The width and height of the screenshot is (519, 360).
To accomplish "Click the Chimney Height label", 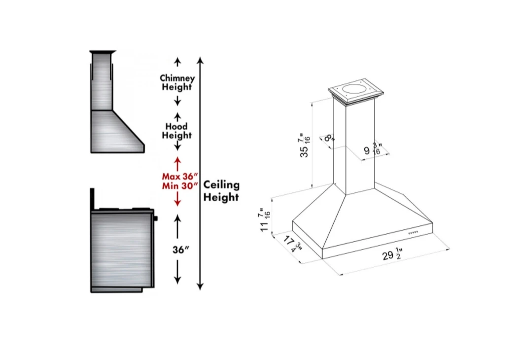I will tap(177, 82).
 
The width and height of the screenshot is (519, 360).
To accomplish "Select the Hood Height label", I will tap(177, 131).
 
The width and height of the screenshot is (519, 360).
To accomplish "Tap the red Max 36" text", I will tap(180, 176).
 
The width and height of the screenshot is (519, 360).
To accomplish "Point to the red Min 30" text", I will tap(180, 186).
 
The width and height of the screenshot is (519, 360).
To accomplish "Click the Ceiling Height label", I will tap(221, 191).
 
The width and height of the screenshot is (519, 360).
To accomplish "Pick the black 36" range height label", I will tap(181, 250).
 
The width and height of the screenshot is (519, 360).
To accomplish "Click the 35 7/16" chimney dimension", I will tap(306, 145).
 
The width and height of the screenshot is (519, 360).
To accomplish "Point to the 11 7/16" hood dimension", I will tap(266, 219).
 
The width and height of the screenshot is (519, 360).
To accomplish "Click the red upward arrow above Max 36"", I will tap(177, 163).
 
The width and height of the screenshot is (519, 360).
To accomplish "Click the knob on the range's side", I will tap(156, 217).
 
